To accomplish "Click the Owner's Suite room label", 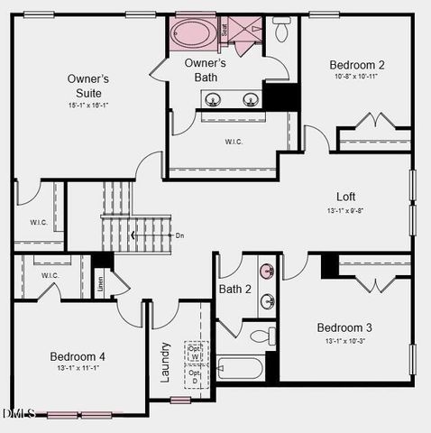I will pyautogui.click(x=88, y=86).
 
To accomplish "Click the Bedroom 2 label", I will pyautogui.click(x=357, y=65).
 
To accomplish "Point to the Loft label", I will pyautogui.click(x=346, y=197).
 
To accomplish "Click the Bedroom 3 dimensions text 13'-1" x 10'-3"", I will pyautogui.click(x=344, y=341).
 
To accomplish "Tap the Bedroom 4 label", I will pyautogui.click(x=77, y=355).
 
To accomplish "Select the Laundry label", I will pyautogui.click(x=165, y=361).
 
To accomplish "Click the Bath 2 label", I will pyautogui.click(x=235, y=289).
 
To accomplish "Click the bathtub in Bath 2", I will pyautogui.click(x=241, y=369).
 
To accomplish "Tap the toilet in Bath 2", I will pyautogui.click(x=260, y=336).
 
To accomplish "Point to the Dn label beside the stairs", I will pyautogui.click(x=179, y=235).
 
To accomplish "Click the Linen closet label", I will pyautogui.click(x=99, y=282).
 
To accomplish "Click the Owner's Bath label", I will pyautogui.click(x=206, y=70).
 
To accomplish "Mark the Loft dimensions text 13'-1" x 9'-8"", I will pyautogui.click(x=346, y=211).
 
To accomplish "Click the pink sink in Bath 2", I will pyautogui.click(x=267, y=271).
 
